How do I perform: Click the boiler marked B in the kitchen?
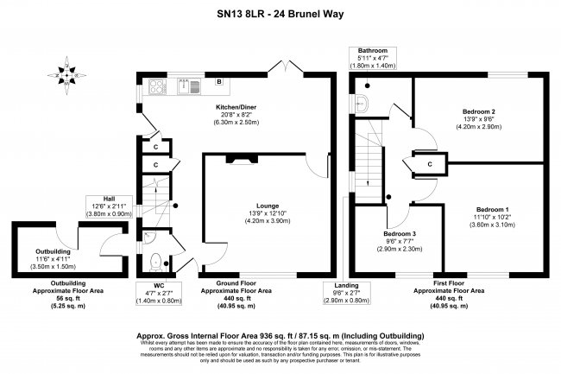click(220, 83)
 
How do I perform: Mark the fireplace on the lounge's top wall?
click(236, 158)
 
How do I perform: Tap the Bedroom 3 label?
click(400, 234)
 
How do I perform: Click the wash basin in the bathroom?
click(365, 105)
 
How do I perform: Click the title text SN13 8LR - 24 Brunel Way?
click(280, 12)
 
